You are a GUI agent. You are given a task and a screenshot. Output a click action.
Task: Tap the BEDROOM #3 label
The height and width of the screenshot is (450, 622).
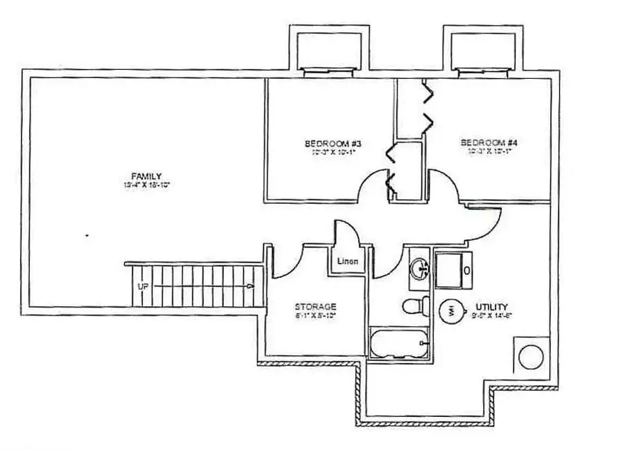pos(334,144)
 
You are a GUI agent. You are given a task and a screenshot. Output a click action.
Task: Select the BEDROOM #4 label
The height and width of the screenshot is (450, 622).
pos(489,143)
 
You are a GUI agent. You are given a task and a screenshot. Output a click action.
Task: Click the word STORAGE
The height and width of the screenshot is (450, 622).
pos(315,306)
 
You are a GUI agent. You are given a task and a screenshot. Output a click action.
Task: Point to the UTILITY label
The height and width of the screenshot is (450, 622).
pos(491,306)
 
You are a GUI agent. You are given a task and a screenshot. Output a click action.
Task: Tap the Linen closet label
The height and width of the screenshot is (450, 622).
pos(346,262)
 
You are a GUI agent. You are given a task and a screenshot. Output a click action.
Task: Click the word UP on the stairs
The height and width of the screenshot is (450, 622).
pos(143,285)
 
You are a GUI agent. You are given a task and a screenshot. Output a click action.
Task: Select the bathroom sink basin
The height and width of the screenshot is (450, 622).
pos(420,268)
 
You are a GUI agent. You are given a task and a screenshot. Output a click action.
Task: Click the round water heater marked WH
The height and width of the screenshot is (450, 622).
pos(451,308)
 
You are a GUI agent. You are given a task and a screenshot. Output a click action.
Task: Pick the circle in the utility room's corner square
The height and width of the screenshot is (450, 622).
pos(532,357)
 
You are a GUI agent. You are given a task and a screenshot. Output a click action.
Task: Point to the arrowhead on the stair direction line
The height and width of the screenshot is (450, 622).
pos(250,285)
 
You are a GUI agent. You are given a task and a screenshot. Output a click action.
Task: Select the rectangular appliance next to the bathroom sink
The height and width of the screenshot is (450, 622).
pos(453,269)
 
